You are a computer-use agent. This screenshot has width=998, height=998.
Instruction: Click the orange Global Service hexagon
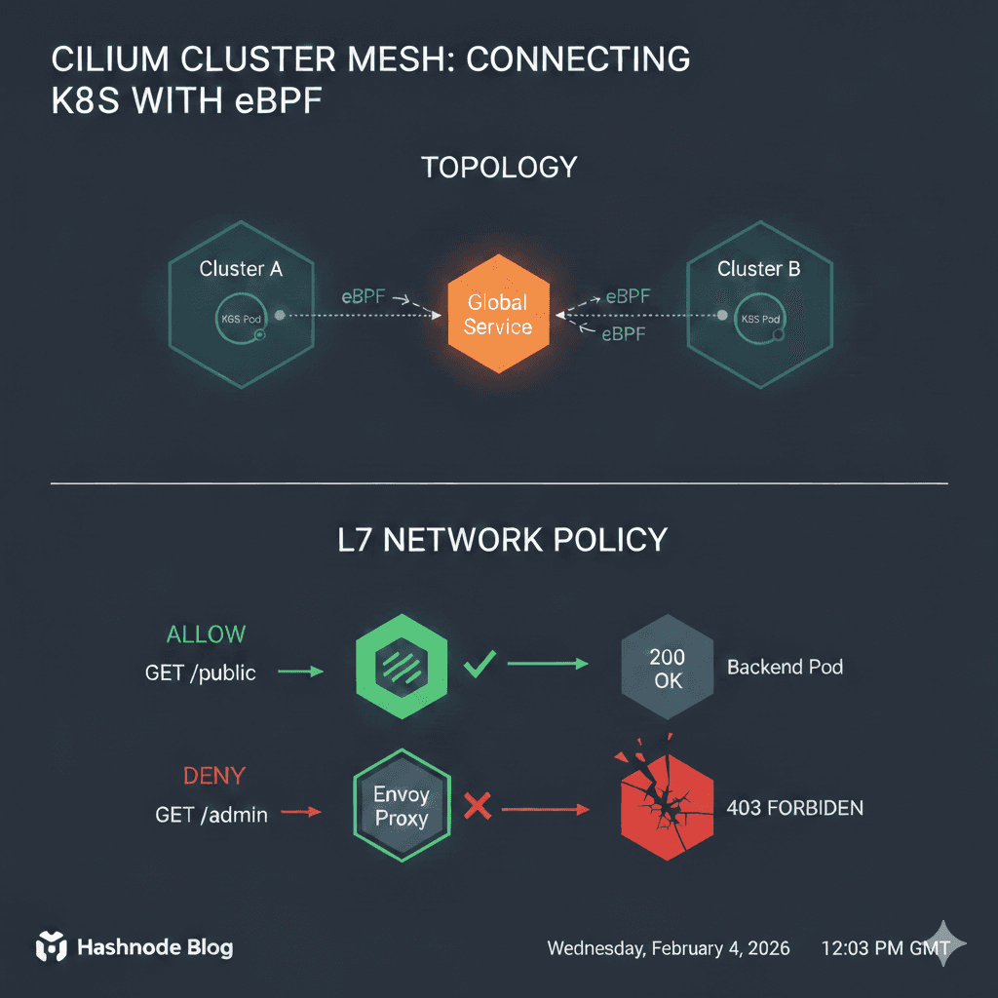pos(498,314)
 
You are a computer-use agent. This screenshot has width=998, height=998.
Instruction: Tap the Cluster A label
pos(241,269)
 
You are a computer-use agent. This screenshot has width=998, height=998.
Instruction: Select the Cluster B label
pos(758,269)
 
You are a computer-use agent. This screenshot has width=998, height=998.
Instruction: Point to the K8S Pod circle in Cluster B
pos(759,319)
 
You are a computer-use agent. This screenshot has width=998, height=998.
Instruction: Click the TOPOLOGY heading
pos(499,167)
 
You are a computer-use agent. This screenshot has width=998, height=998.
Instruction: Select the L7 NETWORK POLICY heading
pos(500,539)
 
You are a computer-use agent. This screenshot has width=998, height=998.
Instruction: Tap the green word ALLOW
pos(206,634)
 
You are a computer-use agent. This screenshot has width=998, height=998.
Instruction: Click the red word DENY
pos(214,777)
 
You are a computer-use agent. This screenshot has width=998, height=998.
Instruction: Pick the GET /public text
pos(201,672)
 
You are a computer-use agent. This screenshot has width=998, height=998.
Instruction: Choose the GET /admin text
pos(211,814)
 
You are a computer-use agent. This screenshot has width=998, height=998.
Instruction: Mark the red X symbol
pos(476,805)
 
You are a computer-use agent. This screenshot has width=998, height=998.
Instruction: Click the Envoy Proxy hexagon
pos(402,806)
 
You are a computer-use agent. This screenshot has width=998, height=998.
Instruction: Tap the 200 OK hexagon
pos(668,669)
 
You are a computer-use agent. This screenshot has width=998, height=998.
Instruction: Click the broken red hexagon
pos(667,807)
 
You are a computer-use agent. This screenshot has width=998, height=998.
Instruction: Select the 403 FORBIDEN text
pos(794,808)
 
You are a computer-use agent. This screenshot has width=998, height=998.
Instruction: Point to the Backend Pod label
pos(785,668)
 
